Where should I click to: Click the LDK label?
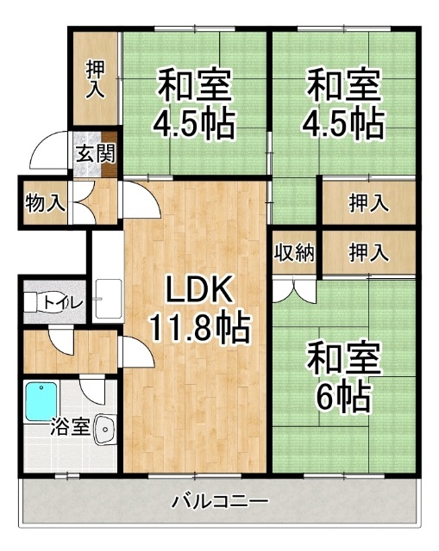pyautogui.click(x=199, y=289)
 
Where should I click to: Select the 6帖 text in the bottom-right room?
pyautogui.click(x=344, y=397)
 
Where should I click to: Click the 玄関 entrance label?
pyautogui.click(x=96, y=153)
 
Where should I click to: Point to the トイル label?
pyautogui.click(x=63, y=302)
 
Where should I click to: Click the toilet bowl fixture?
pyautogui.click(x=37, y=302)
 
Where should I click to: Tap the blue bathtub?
pyautogui.click(x=41, y=402)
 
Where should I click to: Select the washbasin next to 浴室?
pyautogui.click(x=105, y=430)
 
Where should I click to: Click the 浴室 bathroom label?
pyautogui.click(x=70, y=427)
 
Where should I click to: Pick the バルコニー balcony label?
pyautogui.click(x=220, y=501)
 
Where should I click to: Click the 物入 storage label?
pyautogui.click(x=45, y=203)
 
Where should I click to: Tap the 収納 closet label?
pyautogui.click(x=294, y=252)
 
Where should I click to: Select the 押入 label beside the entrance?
pyautogui.click(x=96, y=79)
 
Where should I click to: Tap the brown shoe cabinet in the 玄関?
pyautogui.click(x=110, y=154)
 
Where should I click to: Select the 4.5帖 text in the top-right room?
pyautogui.click(x=342, y=124)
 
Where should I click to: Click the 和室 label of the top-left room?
pyautogui.click(x=194, y=85)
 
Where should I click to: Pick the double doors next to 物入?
pyautogui.click(x=82, y=202)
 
